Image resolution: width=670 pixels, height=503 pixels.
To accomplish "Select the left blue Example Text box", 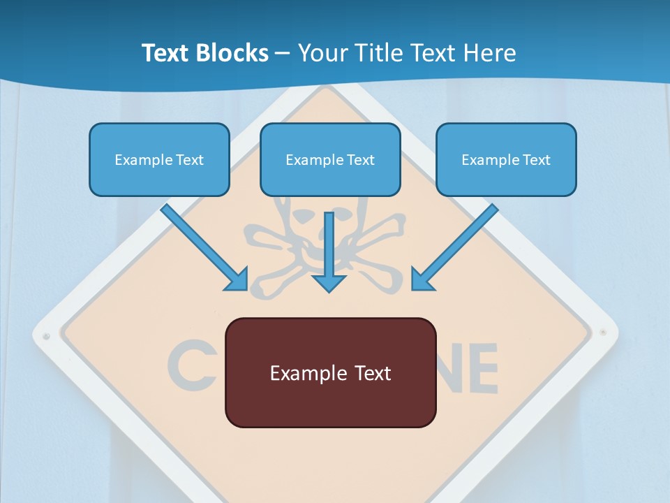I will click(x=159, y=159).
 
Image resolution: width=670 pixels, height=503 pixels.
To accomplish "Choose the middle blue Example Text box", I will click(x=330, y=159).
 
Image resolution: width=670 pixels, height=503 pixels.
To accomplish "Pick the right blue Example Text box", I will click(x=506, y=159).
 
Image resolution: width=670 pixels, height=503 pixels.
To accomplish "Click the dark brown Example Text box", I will click(x=330, y=372).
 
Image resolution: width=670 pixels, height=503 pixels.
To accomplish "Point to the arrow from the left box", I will click(x=202, y=246).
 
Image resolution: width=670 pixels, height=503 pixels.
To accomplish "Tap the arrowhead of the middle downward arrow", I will click(x=329, y=282).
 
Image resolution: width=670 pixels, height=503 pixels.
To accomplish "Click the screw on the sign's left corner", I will click(x=46, y=336).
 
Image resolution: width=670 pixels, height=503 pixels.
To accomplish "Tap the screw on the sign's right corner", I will click(x=602, y=332).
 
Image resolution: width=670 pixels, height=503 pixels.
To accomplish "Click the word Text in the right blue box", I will click(x=536, y=160).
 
